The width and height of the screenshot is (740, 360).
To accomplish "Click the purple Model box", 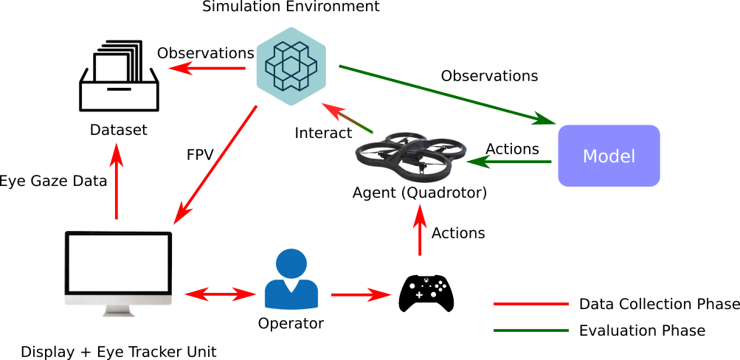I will tap(608, 156).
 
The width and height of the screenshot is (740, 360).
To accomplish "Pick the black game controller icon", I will tap(426, 293).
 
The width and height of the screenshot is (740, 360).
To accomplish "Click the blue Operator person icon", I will tap(291, 279).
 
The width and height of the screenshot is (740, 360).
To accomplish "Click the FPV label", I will tap(201, 156).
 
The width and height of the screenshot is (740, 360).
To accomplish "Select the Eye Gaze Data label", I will tap(53, 181).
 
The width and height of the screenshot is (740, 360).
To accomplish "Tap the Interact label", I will tap(323, 133).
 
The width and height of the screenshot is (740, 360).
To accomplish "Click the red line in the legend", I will tap(530, 304).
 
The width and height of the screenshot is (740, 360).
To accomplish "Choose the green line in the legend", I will tap(530, 330).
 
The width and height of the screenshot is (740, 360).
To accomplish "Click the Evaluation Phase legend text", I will tap(642, 330).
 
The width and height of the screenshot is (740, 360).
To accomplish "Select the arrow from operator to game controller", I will tap(360, 295).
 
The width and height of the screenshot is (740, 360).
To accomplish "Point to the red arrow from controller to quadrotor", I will tap(420, 231).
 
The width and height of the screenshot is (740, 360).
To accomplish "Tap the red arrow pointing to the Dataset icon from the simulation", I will tap(207, 69).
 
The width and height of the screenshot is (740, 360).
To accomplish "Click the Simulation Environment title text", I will tap(291, 7).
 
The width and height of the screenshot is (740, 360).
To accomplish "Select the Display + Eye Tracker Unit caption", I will tap(118, 351).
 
